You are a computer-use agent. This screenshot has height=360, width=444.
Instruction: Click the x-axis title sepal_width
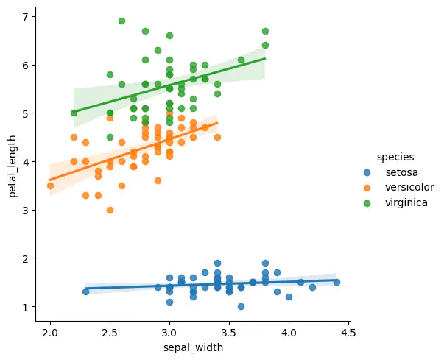(x=192, y=347)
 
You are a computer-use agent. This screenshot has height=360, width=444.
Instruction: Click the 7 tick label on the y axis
(x=24, y=16)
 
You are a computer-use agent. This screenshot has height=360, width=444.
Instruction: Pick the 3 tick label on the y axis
(x=24, y=210)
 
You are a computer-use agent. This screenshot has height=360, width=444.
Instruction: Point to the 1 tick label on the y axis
(x=24, y=307)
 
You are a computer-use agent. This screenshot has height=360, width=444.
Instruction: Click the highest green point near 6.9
(x=121, y=21)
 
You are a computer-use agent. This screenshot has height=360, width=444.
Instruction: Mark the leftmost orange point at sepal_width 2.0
(x=50, y=186)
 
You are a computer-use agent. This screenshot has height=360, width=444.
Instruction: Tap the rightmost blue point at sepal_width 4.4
(x=336, y=282)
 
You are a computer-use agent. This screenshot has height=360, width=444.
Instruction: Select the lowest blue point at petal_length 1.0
(x=241, y=306)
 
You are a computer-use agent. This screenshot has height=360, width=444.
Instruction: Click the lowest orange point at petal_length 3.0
(x=110, y=210)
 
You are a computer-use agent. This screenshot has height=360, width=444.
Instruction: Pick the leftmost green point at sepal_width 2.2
(x=74, y=113)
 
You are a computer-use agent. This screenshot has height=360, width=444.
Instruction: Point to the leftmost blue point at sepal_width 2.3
(x=86, y=292)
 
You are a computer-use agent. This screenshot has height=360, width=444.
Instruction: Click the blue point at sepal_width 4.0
(x=289, y=297)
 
